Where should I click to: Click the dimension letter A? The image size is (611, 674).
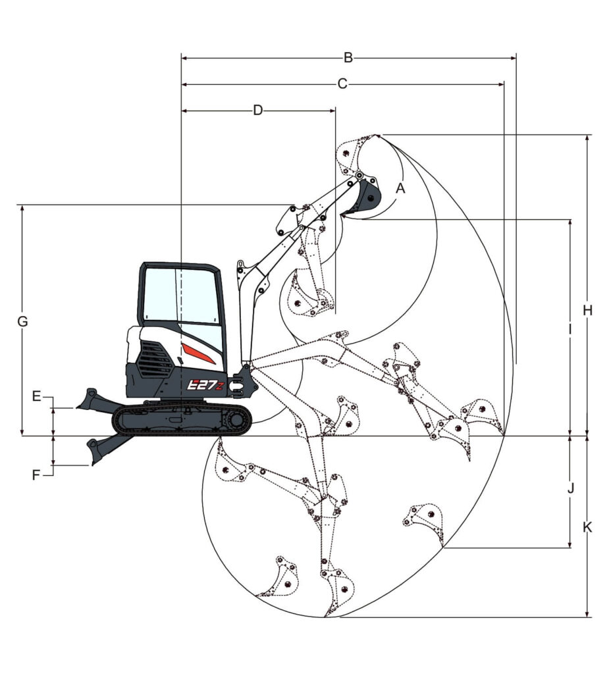pos(400,188)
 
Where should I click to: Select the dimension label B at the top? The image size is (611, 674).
pos(348,58)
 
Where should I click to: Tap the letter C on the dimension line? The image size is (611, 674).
pos(342,84)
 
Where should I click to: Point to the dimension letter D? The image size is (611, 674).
pos(257,111)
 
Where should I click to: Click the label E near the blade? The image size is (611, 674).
pos(37,396)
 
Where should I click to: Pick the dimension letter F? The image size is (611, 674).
pos(36,475)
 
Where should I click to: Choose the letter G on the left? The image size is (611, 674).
pos(22,321)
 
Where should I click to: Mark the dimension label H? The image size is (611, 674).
pos(588,310)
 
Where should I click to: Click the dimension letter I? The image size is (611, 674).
pos(570,329)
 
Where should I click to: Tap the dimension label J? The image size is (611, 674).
pos(571,489)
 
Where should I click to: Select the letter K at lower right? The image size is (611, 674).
pos(587,527)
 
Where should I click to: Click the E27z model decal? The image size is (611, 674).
pos(206,384)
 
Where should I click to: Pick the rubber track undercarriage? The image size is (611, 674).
pos(182,419)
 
